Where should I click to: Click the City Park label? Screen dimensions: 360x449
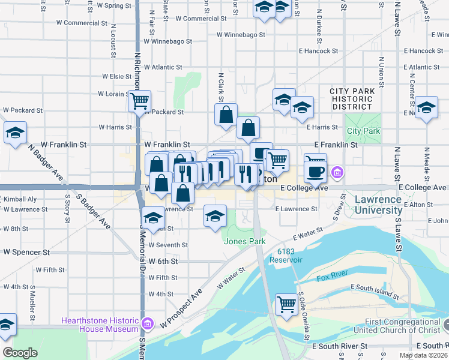tap(363, 131)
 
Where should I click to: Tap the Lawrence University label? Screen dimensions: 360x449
tap(378, 205)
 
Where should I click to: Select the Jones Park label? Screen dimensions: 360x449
tap(244, 241)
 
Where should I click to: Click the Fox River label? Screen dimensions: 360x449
tap(332, 278)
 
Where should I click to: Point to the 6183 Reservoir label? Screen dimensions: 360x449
tap(290, 256)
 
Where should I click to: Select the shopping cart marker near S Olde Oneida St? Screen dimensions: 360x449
tap(286, 304)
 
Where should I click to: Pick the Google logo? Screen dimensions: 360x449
tap(20, 353)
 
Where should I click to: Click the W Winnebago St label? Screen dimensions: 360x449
tap(168, 42)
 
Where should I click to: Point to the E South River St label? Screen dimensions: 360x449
tap(340, 346)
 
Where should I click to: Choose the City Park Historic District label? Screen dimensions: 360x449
tap(352, 98)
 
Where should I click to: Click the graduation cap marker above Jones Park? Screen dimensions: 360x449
tap(215, 216)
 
